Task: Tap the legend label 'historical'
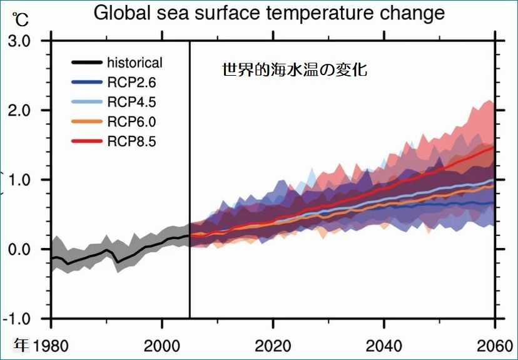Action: (x=135, y=63)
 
